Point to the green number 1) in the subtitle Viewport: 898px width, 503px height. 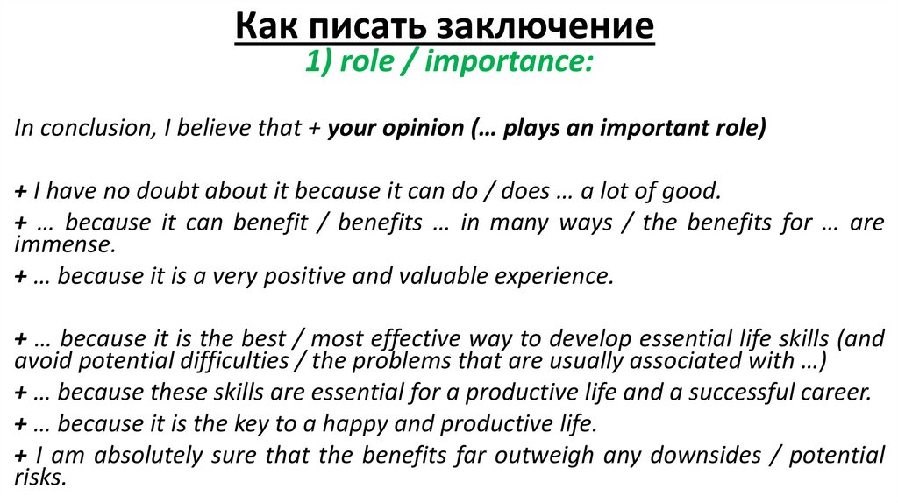click(x=317, y=62)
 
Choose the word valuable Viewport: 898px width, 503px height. click(x=452, y=276)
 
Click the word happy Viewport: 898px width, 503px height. click(x=351, y=425)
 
